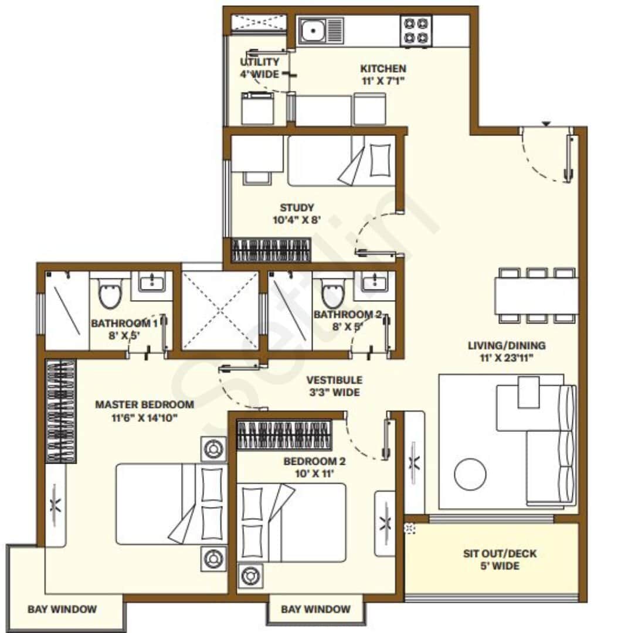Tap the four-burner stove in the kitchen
415,31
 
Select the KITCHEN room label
382,69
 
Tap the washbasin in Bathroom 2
374,282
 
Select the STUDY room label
297,207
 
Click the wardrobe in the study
270,250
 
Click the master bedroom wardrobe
61,410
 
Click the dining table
536,296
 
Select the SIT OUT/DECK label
500,554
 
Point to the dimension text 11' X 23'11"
506,357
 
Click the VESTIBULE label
334,380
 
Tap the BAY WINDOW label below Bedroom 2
315,610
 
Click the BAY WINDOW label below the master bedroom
62,610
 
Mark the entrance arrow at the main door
546,124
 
